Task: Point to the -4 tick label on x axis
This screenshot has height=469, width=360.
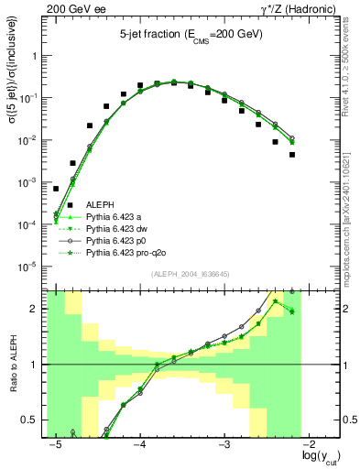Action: pos(140,444)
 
